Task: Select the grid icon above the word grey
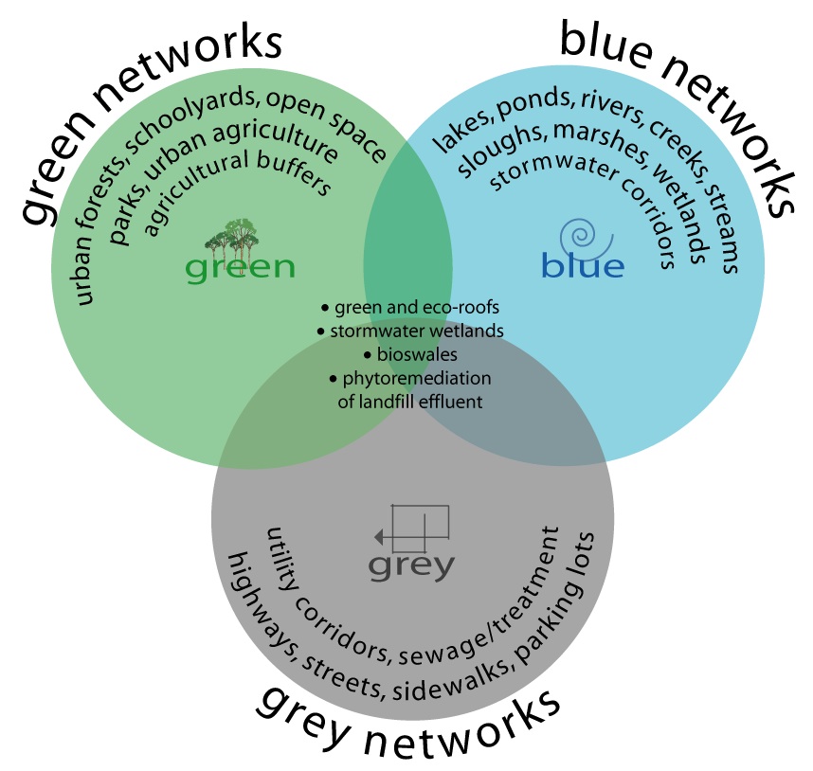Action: (x=413, y=529)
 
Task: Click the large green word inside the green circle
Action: (x=240, y=268)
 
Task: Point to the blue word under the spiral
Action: (x=583, y=266)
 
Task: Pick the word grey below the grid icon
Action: (x=412, y=565)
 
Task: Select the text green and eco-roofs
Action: (x=415, y=308)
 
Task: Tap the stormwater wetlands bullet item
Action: (x=415, y=332)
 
